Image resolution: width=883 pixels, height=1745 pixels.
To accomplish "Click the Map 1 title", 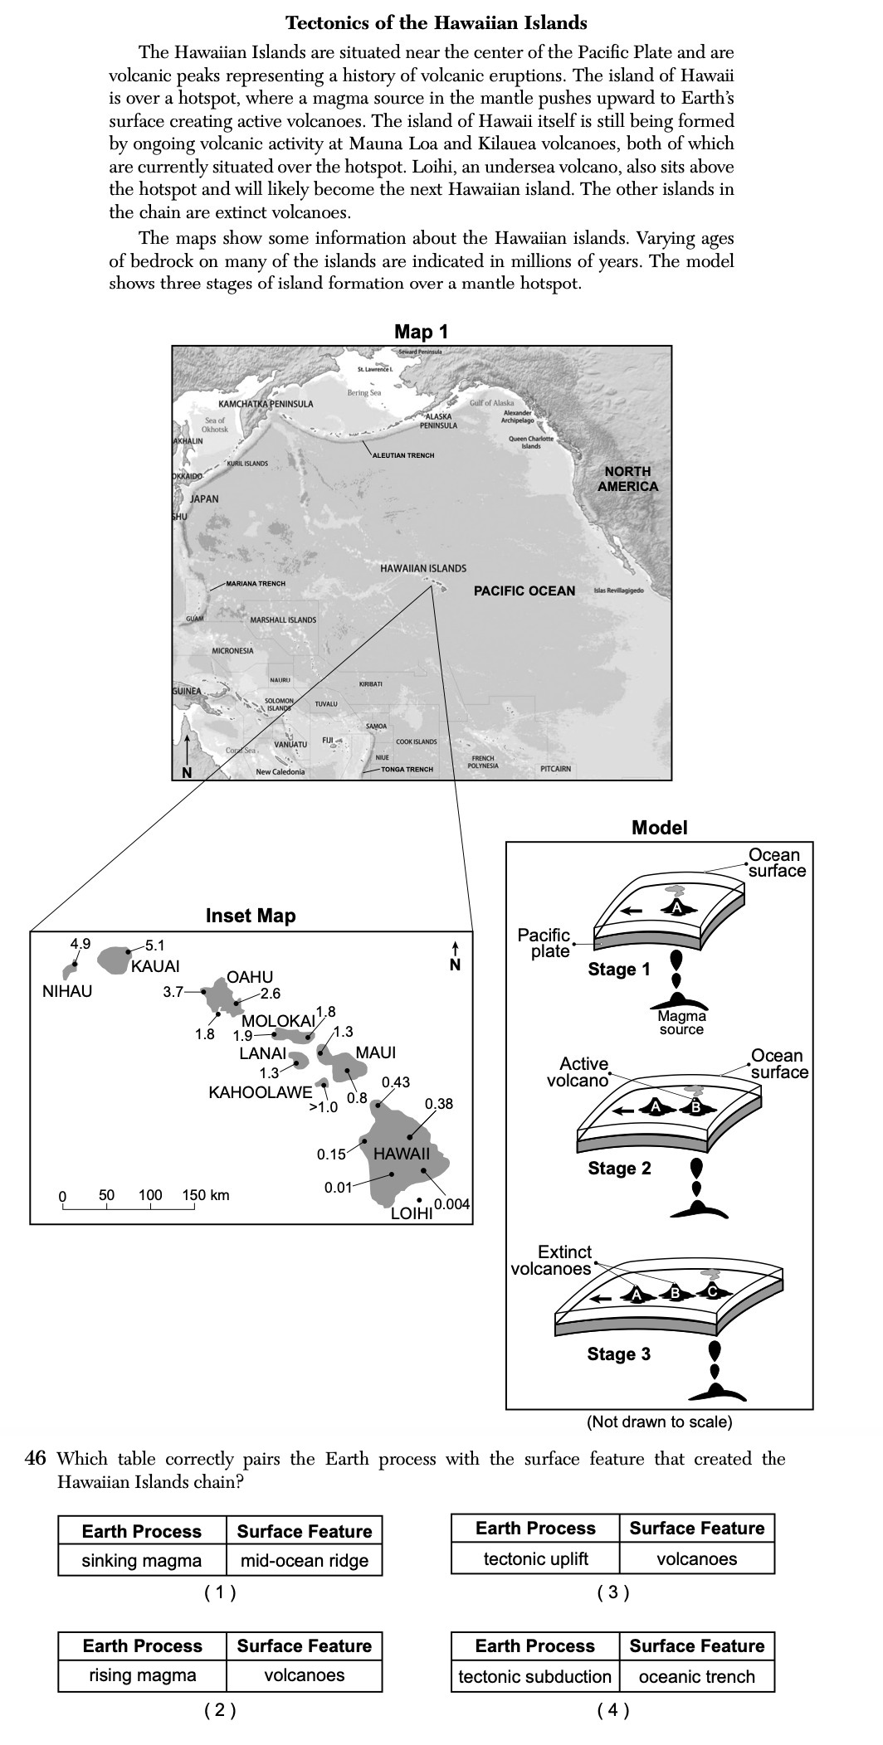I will click(421, 332).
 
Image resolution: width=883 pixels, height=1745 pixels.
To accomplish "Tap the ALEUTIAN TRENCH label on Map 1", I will click(403, 455).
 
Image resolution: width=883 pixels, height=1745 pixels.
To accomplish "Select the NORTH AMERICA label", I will click(627, 479).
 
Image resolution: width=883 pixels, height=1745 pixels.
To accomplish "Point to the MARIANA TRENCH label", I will click(256, 584).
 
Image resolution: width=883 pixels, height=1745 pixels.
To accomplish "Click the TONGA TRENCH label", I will click(407, 770).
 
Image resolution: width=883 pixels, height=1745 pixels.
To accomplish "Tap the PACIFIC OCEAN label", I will click(524, 591).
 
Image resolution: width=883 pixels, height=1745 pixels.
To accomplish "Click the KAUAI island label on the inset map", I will click(155, 966).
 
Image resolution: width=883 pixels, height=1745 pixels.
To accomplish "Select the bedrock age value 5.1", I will click(154, 945).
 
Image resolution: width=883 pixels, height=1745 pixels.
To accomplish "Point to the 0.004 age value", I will click(451, 1204).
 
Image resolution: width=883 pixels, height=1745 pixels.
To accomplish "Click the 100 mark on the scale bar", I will click(150, 1195).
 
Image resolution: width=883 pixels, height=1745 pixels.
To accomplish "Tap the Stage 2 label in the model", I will click(619, 1169).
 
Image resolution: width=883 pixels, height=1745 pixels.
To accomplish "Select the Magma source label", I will click(681, 1023).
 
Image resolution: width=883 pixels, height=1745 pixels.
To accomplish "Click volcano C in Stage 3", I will click(711, 1291).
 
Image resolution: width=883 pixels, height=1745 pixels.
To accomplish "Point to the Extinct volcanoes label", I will click(552, 1260).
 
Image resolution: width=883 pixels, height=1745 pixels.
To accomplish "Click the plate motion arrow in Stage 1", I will click(635, 910).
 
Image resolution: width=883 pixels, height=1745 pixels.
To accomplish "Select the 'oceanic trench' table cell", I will click(696, 1676).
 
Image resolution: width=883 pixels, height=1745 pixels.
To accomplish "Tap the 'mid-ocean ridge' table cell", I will click(304, 1560).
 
